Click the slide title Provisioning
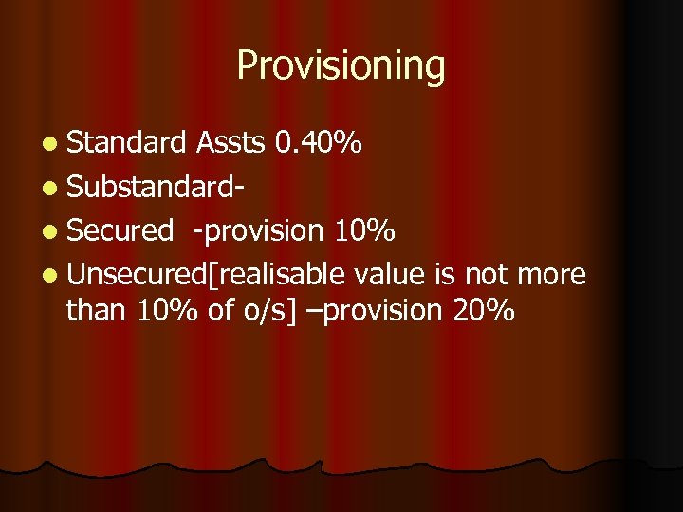[341, 66]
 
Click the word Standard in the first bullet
[127, 143]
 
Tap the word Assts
[230, 143]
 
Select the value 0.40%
[316, 143]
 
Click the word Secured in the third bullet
[120, 230]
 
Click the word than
[95, 309]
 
